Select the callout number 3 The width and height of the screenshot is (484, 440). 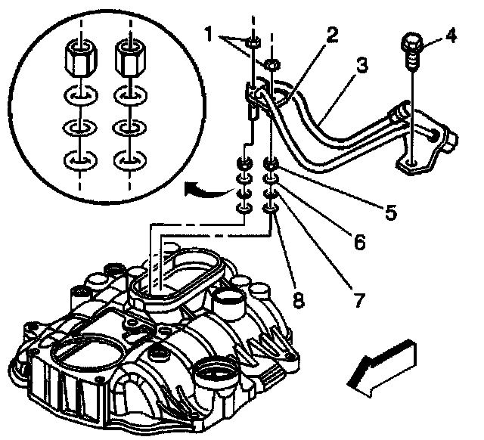pos(362,67)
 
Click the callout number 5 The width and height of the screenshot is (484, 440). pos(390,212)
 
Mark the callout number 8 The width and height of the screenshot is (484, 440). pos(299,301)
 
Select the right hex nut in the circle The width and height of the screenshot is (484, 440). pos(129,55)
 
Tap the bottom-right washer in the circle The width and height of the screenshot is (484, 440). pos(125,160)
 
